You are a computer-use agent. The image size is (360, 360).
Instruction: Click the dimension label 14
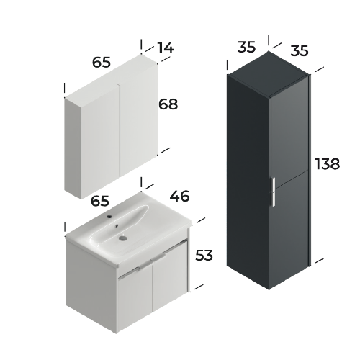(166, 48)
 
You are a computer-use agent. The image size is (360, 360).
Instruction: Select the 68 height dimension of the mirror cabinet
(168, 104)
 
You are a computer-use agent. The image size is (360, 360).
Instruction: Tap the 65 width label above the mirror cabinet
(102, 62)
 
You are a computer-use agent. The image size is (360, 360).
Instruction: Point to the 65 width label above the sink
(100, 201)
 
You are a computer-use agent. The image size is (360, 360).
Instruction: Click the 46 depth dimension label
(179, 196)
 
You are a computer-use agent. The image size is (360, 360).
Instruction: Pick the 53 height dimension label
(204, 255)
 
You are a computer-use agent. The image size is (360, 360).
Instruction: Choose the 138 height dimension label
(327, 164)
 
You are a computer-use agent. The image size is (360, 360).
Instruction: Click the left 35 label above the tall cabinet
(246, 47)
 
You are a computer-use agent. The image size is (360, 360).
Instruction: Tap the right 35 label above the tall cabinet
(300, 51)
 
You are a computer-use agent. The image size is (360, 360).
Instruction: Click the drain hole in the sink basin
(122, 238)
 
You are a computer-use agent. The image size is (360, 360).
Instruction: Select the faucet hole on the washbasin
(109, 217)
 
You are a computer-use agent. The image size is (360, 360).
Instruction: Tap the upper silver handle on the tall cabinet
(274, 184)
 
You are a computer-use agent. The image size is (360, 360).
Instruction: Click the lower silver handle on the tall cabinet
(274, 199)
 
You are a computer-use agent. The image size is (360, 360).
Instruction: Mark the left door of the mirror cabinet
(100, 142)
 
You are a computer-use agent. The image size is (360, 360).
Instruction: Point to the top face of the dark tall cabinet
(269, 73)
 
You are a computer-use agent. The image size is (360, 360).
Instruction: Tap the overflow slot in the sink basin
(117, 225)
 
